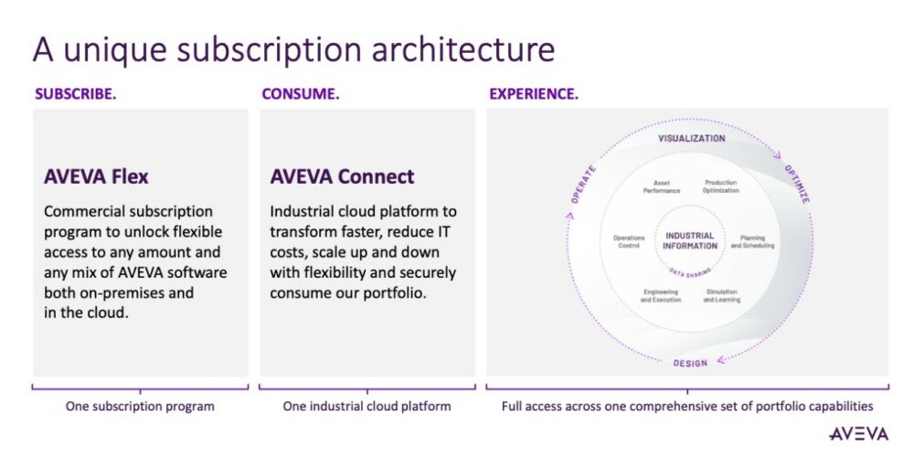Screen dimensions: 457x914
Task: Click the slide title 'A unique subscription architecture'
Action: point(293,48)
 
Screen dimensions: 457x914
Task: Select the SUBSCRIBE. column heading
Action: point(75,94)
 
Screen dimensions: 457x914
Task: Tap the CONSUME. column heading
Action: point(300,94)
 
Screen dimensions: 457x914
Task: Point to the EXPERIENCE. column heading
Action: point(533,94)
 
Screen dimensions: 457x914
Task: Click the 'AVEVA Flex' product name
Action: point(96,176)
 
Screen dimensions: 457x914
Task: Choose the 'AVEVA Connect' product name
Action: point(342,176)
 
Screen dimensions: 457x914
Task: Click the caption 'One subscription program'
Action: point(140,406)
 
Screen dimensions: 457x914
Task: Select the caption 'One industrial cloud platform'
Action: point(367,406)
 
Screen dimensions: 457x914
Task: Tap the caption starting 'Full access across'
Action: point(686,406)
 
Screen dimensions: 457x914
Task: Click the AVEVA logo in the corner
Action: point(859,433)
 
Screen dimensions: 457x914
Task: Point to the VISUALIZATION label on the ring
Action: point(692,139)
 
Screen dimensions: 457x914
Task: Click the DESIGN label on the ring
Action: point(690,363)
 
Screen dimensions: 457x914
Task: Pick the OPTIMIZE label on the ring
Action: point(796,184)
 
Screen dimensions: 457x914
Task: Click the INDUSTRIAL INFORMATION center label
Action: point(690,239)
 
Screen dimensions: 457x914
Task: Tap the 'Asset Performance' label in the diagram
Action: point(661,186)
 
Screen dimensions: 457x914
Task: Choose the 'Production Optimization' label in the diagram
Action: point(720,186)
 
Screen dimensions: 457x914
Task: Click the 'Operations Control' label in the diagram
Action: point(629,241)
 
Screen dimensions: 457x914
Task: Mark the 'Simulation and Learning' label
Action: point(721,296)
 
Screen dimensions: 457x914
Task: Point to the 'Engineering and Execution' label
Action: point(660,296)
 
